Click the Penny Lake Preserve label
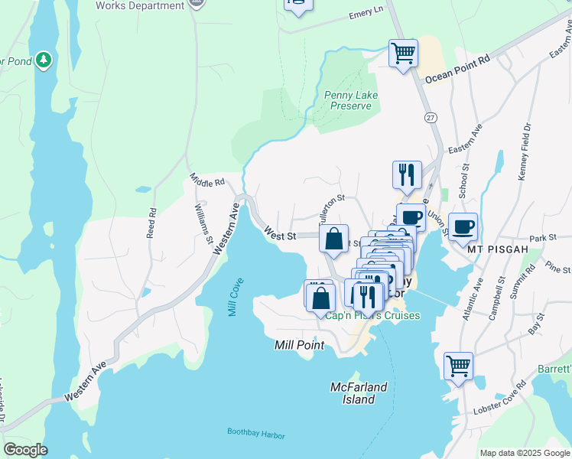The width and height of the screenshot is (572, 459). point(348,100)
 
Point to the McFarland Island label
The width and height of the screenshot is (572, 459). point(359,393)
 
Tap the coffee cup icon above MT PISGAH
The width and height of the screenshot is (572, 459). point(463,226)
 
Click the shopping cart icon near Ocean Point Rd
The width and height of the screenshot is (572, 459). point(403,54)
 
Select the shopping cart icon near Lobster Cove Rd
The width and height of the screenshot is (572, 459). point(458,365)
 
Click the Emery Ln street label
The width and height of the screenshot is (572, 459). point(366,13)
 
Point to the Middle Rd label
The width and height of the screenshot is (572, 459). point(207,182)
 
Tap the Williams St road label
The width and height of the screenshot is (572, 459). point(203,223)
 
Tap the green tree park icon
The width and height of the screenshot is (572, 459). point(44,59)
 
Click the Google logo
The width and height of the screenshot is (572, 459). point(25,450)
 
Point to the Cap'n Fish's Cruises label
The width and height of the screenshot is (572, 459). point(373,316)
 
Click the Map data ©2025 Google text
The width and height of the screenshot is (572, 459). point(525,453)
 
